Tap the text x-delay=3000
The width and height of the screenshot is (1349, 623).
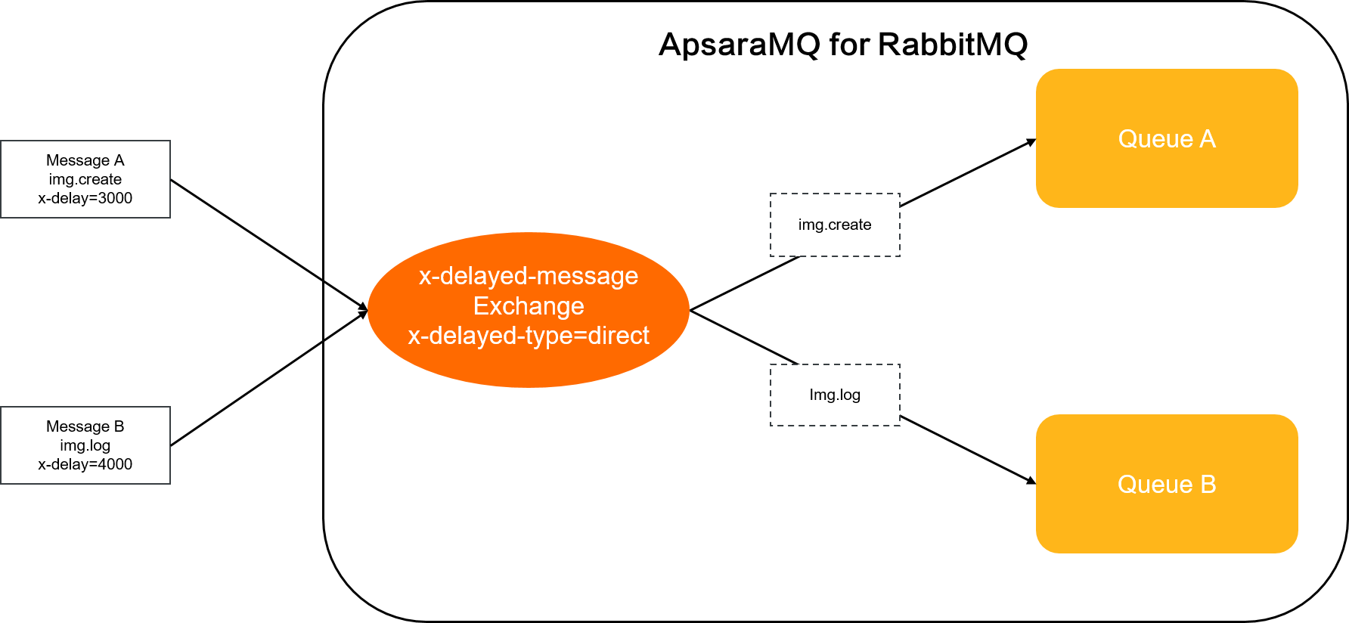tap(85, 198)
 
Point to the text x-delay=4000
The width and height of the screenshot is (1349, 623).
tap(85, 464)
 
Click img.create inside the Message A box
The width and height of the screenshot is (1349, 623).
tap(85, 179)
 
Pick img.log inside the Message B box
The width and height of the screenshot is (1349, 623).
tap(85, 445)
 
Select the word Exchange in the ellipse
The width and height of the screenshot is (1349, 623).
tap(528, 306)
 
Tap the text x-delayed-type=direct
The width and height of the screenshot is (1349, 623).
tap(528, 336)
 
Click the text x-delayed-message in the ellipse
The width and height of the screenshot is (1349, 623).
tap(528, 276)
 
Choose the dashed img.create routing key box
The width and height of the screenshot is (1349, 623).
tap(835, 225)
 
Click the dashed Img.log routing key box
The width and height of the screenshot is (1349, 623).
tap(835, 395)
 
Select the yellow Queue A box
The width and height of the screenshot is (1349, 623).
tap(1166, 174)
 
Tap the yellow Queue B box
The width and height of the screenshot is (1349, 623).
tap(1166, 522)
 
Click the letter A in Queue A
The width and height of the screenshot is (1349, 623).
tap(1208, 139)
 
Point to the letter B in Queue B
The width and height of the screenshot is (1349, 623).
tap(1208, 485)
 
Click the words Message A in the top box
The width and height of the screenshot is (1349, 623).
tap(85, 160)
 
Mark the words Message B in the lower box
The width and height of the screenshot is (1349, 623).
tap(85, 426)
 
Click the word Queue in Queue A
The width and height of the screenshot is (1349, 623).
tap(1155, 139)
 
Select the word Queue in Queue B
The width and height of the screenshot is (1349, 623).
tap(1155, 485)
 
